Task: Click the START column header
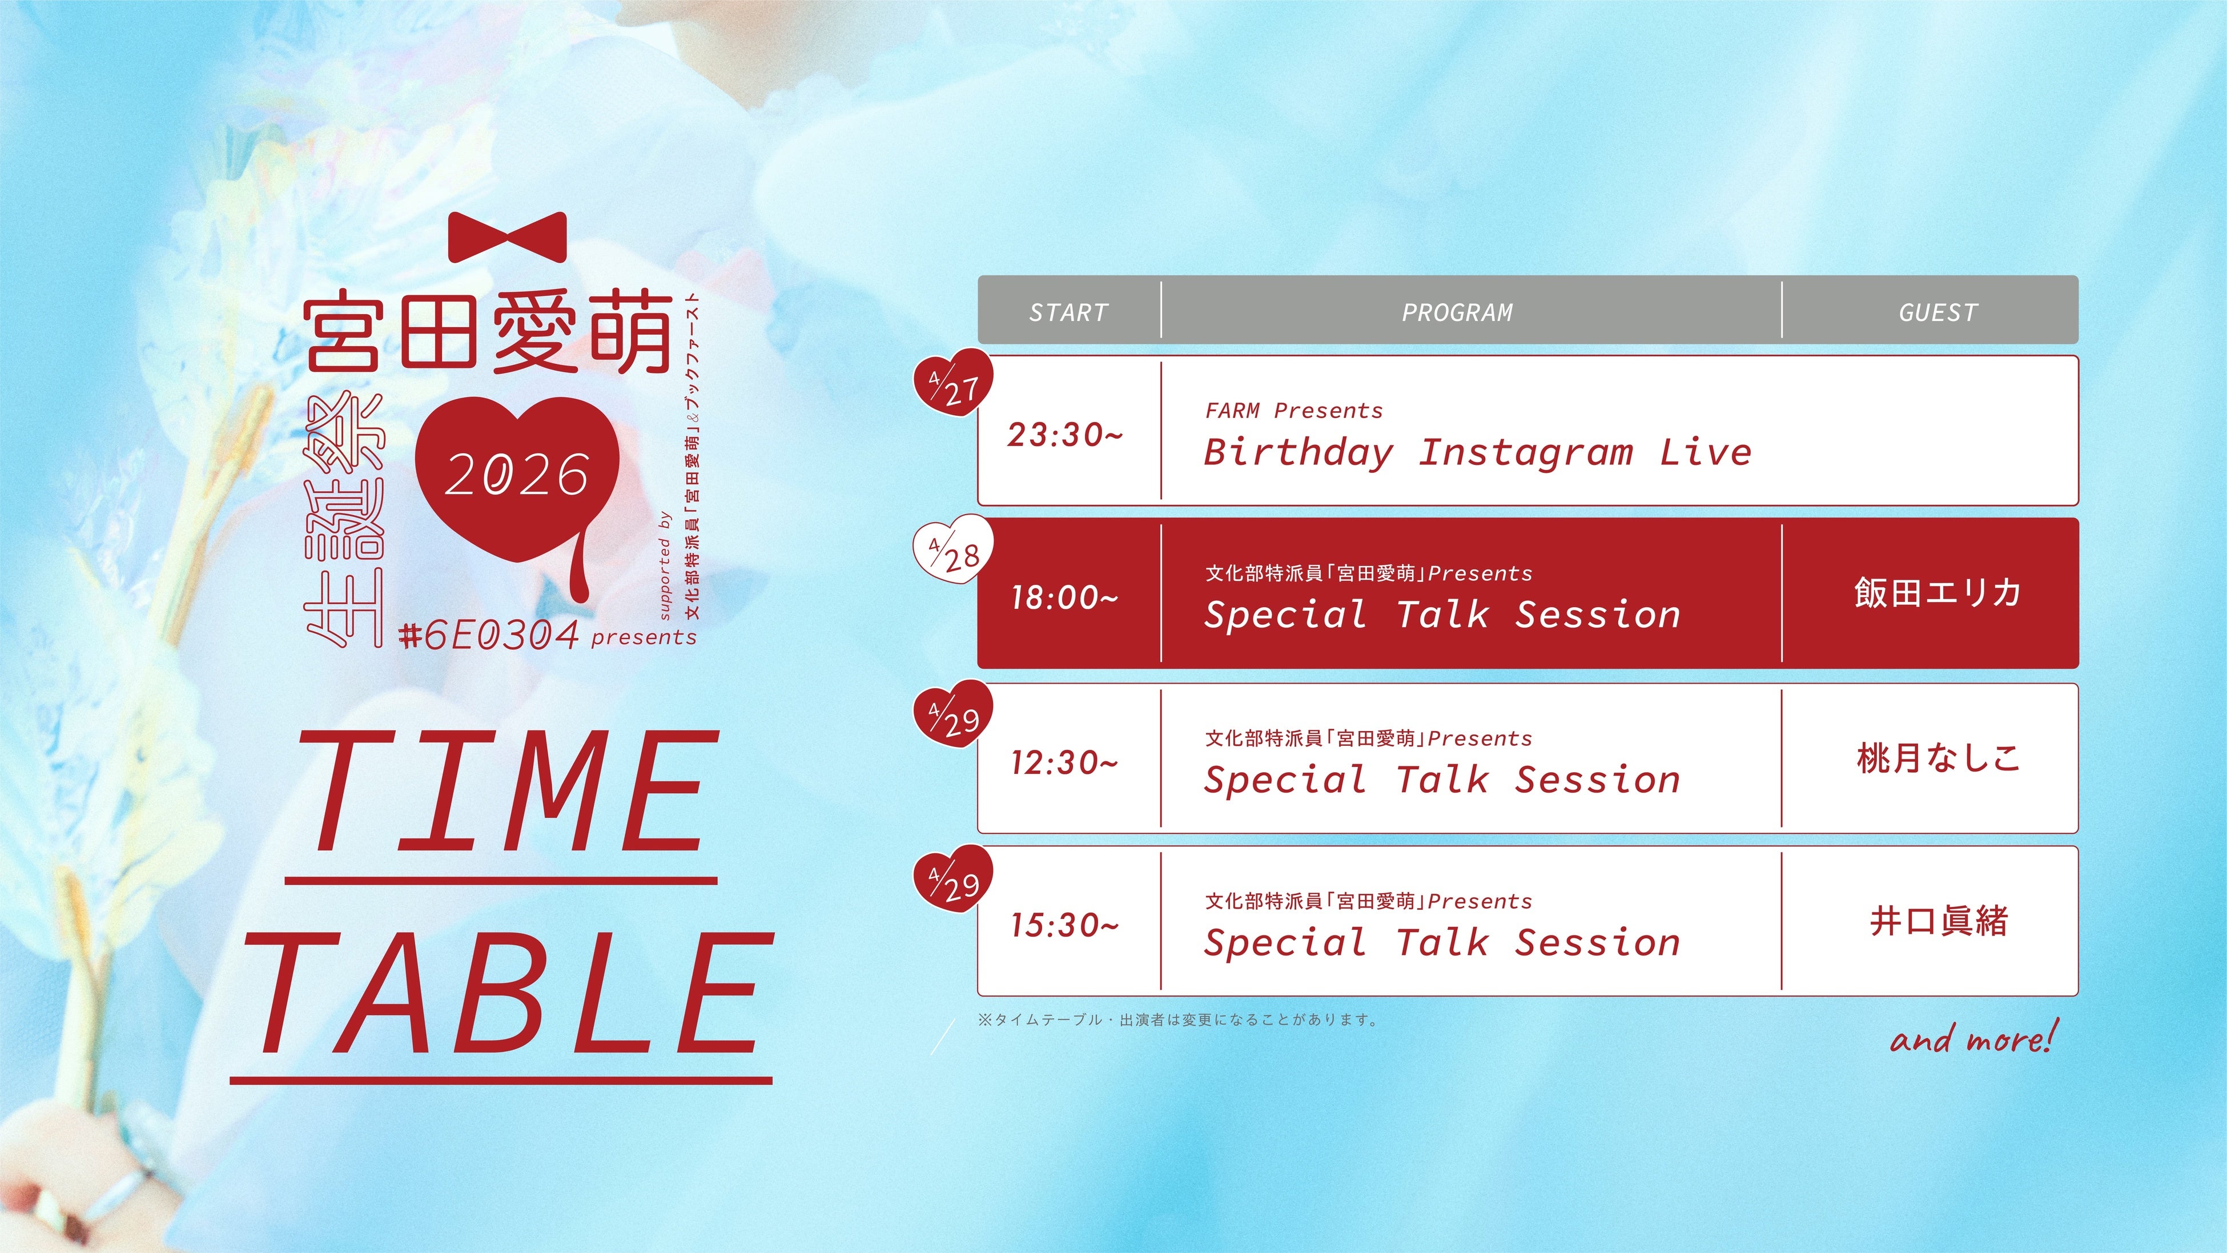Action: [1068, 312]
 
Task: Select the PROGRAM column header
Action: [1458, 312]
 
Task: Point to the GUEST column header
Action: [1938, 312]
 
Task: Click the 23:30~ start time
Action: [1065, 434]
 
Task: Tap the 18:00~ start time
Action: [1065, 597]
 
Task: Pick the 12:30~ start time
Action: [1065, 762]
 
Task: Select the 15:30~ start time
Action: [1065, 925]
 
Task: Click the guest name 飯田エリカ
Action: [1937, 592]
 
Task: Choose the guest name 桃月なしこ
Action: [1938, 757]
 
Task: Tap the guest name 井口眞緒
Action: [1938, 921]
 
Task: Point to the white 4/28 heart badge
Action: [954, 547]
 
